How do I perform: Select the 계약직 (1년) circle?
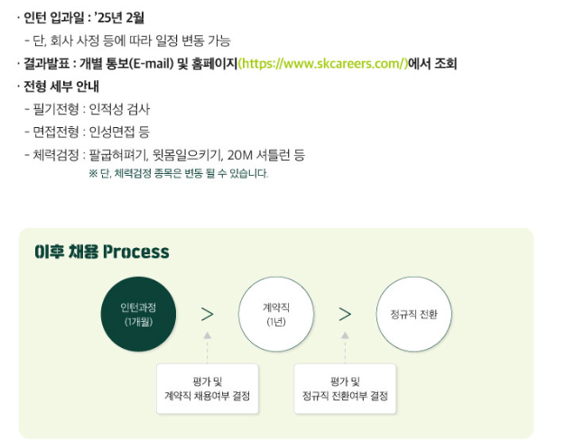pyautogui.click(x=275, y=314)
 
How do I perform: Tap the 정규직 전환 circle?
pyautogui.click(x=413, y=314)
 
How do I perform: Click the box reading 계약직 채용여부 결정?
pyautogui.click(x=208, y=389)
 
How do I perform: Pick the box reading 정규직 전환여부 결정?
pyautogui.click(x=345, y=389)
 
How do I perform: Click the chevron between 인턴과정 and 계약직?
pyautogui.click(x=208, y=314)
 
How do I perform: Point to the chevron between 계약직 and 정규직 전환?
pyautogui.click(x=345, y=314)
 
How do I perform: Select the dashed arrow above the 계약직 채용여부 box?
pyautogui.click(x=208, y=345)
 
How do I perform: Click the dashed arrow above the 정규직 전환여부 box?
pyautogui.click(x=345, y=345)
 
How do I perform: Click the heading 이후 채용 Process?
pyautogui.click(x=101, y=252)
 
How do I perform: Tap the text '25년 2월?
pyautogui.click(x=120, y=16)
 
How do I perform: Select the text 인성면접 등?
pyautogui.click(x=119, y=132)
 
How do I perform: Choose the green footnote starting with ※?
pyautogui.click(x=178, y=173)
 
